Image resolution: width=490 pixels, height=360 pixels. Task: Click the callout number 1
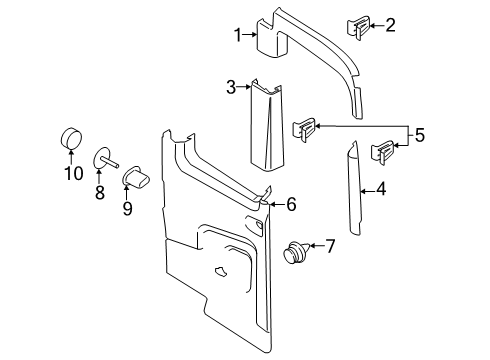(238, 36)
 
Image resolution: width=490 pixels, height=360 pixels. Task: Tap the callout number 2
(390, 25)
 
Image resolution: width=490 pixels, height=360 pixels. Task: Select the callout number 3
(230, 88)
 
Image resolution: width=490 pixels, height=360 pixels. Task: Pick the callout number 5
(420, 136)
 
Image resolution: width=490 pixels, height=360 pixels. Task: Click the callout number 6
(291, 204)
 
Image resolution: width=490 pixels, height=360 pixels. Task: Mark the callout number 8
(100, 193)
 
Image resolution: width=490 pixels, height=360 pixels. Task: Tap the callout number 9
(128, 209)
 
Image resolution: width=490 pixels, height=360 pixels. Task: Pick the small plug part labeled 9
(136, 177)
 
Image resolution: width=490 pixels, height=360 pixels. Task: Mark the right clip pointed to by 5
(382, 153)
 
